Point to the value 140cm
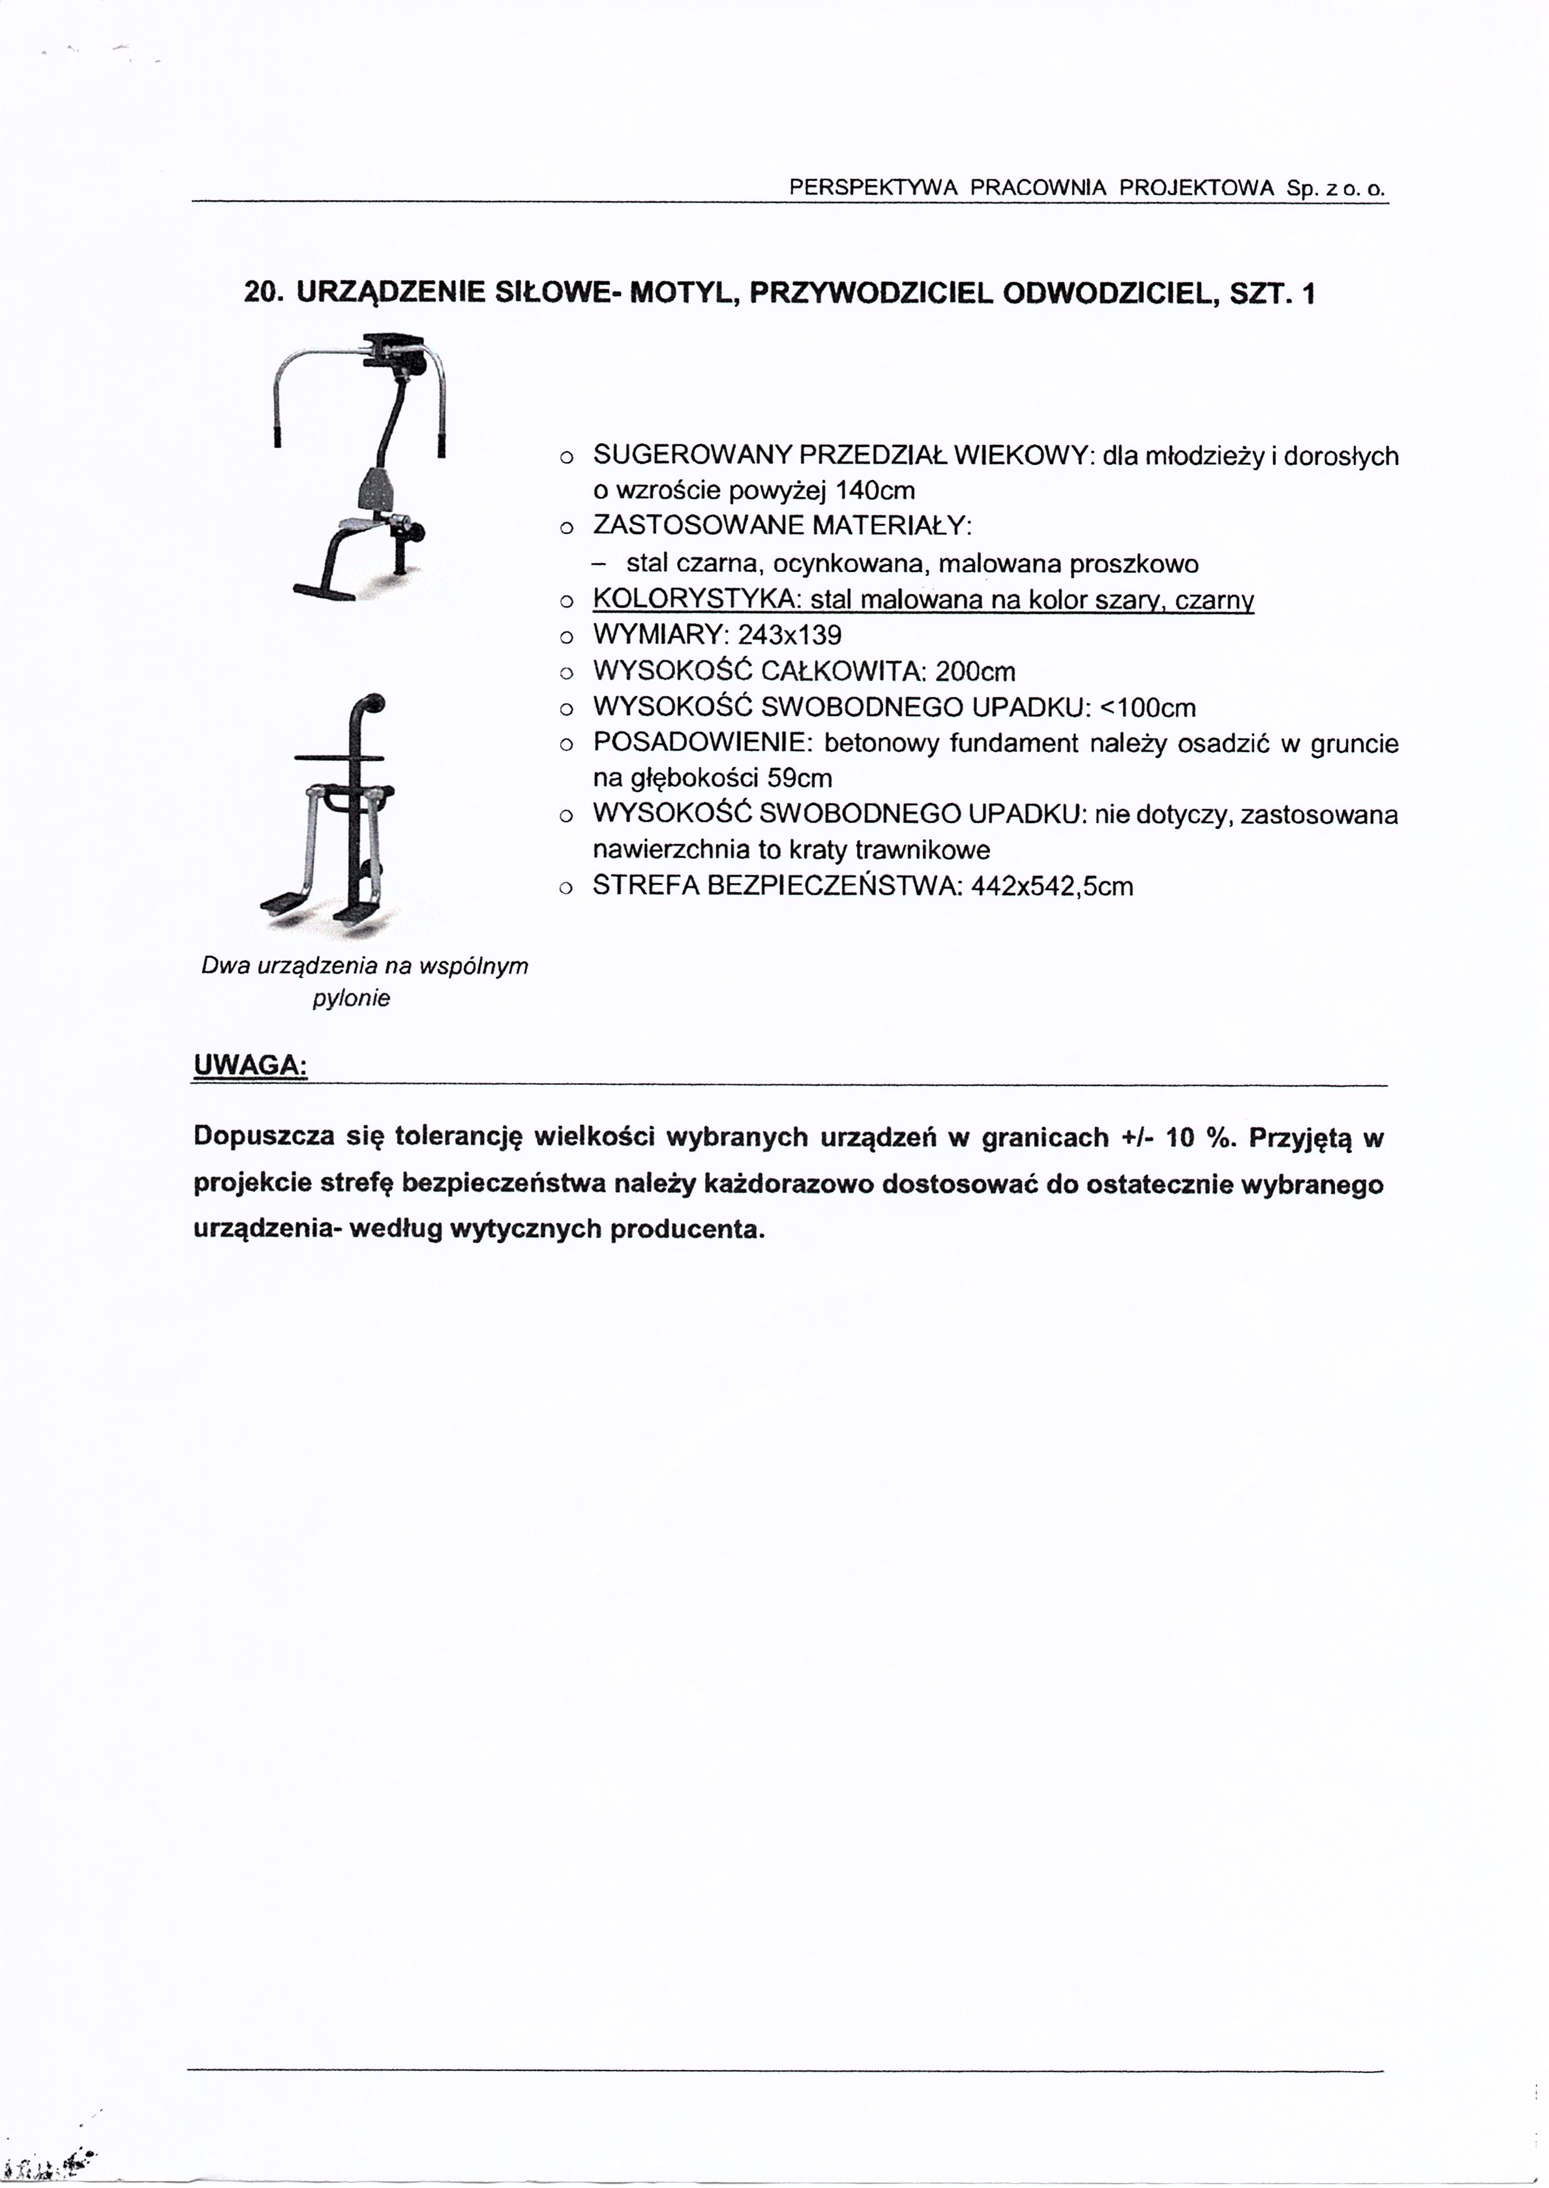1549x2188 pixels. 875,491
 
